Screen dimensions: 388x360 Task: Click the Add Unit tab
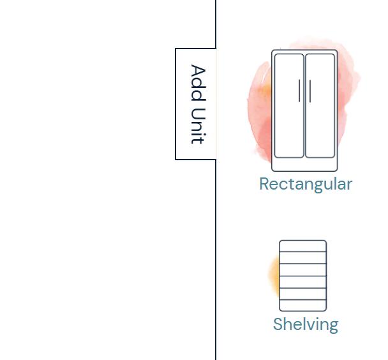[196, 104]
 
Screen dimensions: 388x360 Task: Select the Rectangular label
[305, 184]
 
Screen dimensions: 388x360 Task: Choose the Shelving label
[305, 324]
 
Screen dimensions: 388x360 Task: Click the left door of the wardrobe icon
[288, 105]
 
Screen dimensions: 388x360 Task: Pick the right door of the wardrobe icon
[320, 105]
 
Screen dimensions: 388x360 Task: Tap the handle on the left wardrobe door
[299, 91]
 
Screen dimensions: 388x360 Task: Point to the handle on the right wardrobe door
[310, 91]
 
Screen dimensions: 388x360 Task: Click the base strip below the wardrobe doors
[304, 164]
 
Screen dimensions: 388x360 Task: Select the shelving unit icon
[303, 276]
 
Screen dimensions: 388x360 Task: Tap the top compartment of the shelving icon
[303, 246]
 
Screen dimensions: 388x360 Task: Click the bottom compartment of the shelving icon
[303, 305]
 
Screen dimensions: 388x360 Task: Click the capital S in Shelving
[278, 324]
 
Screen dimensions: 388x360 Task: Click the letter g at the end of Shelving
[332, 326]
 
